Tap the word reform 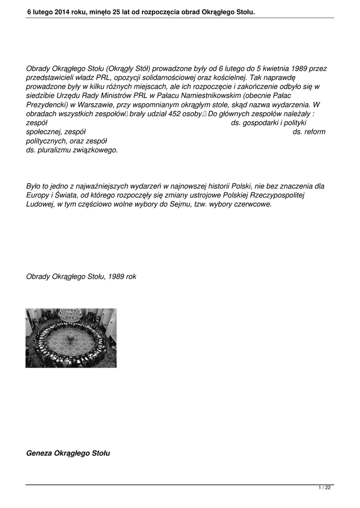click(x=315, y=131)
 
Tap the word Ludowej click(x=39, y=204)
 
